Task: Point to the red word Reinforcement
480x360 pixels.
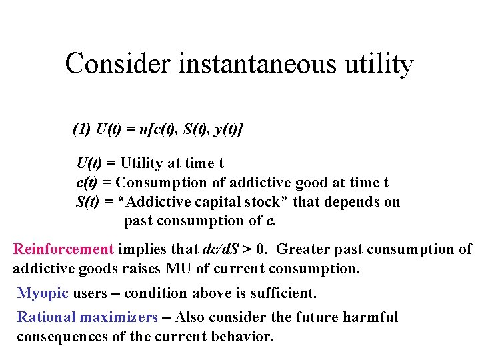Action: pos(64,249)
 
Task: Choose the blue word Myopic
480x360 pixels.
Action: pos(41,293)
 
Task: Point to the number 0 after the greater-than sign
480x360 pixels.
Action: pos(262,249)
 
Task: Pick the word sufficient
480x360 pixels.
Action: pos(283,293)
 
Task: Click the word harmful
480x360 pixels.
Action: pos(371,317)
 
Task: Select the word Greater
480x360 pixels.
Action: pos(301,249)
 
